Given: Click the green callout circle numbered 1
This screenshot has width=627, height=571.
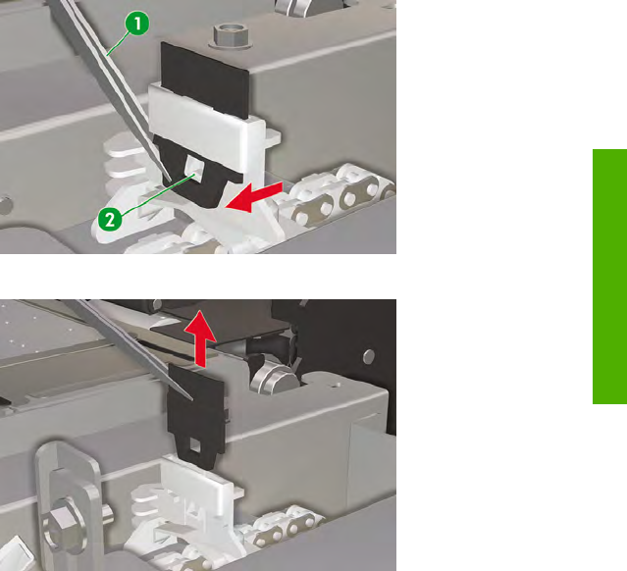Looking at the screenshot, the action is [x=137, y=24].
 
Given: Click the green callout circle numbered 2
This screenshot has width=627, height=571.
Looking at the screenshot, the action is [x=110, y=219].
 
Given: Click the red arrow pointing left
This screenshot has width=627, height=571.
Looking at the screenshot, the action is [x=254, y=197].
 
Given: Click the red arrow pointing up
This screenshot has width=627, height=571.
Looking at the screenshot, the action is [x=200, y=338].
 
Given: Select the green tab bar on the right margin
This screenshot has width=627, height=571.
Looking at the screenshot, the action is [x=609, y=277].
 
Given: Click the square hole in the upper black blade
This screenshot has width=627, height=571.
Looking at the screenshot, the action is [x=194, y=168].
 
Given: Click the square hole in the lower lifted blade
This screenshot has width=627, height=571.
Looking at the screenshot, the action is [x=194, y=444].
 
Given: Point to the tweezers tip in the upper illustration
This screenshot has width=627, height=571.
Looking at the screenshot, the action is [x=170, y=180].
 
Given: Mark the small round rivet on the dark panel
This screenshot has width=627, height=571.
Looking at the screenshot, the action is [x=370, y=355].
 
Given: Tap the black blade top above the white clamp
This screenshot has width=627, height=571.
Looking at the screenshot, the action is [x=205, y=80].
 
